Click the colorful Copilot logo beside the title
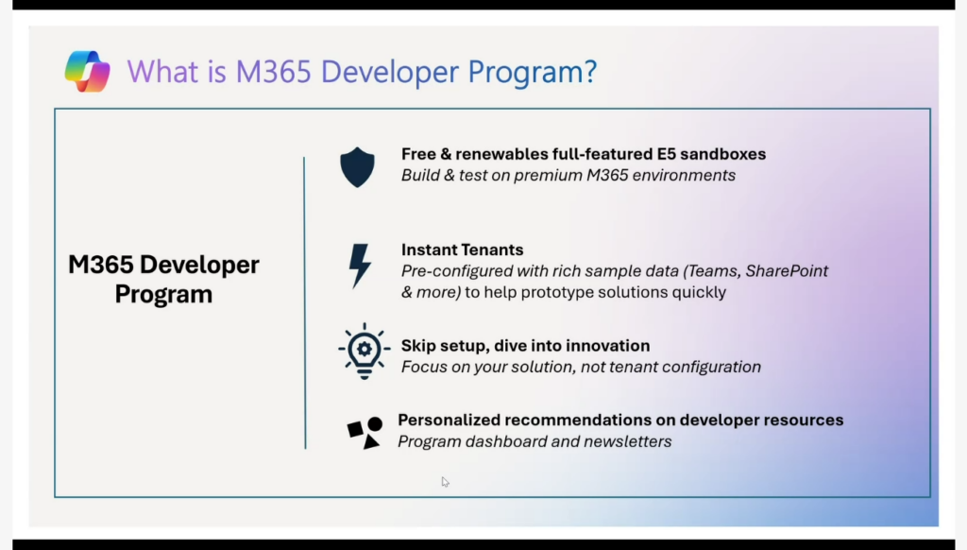[88, 72]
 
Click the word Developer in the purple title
[390, 72]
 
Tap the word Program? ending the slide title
[533, 73]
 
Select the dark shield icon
[357, 167]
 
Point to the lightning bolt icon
[360, 266]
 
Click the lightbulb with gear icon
[364, 352]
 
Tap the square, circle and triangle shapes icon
[365, 432]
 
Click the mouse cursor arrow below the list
[446, 482]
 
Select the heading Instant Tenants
[462, 249]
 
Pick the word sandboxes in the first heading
[722, 154]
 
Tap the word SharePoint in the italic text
[787, 271]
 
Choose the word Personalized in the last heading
[449, 420]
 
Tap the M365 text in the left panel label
[100, 265]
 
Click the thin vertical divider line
[305, 303]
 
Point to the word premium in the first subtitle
[548, 176]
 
